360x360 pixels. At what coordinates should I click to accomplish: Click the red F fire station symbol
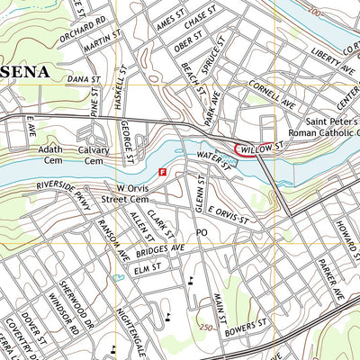point(162,171)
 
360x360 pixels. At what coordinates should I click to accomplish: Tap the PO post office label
point(202,232)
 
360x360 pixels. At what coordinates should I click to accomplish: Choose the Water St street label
point(214,158)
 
